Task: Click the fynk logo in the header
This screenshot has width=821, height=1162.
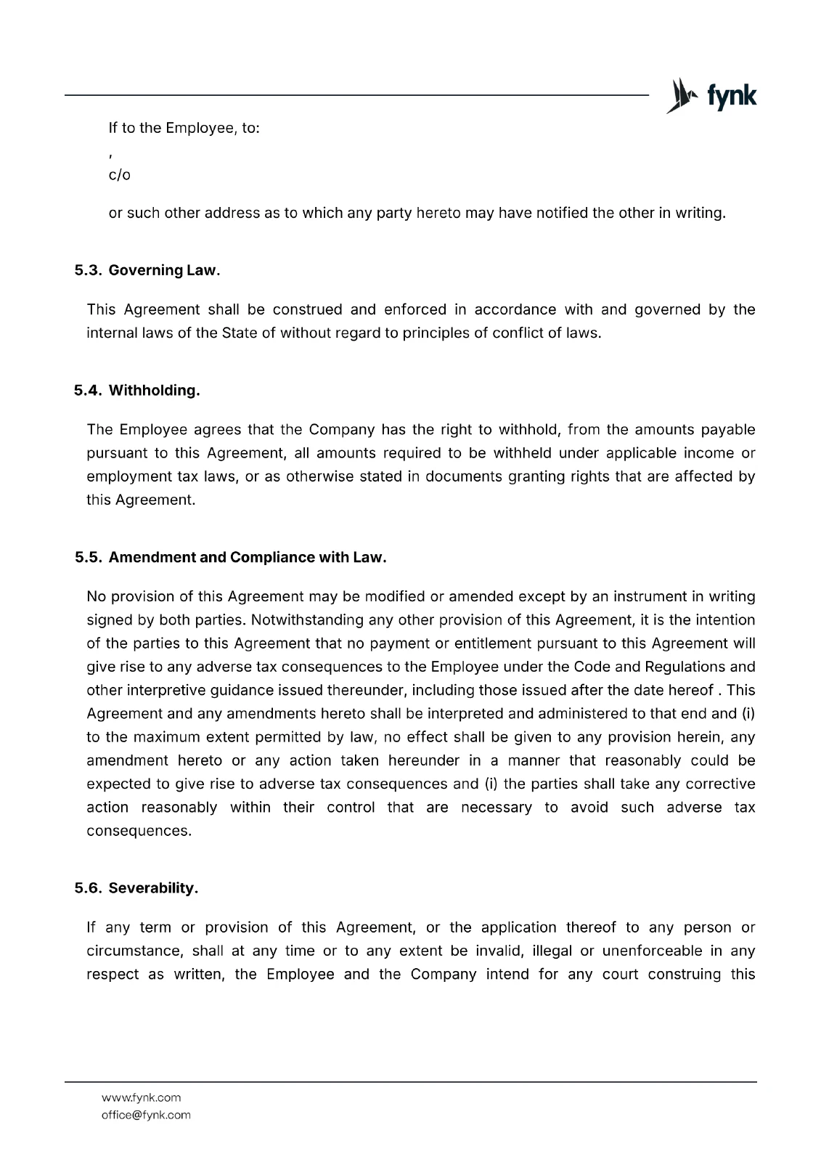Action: click(x=711, y=96)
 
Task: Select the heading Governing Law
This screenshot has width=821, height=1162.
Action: click(x=164, y=270)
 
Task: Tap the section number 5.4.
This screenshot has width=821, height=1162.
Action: click(x=88, y=391)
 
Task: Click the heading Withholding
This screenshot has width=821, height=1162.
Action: click(x=154, y=391)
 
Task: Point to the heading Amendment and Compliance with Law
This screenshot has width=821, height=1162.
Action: click(x=247, y=558)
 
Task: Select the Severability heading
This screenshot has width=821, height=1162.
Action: click(x=153, y=888)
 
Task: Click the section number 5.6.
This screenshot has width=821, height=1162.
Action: click(x=88, y=888)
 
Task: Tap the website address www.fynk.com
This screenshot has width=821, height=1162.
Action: click(x=141, y=1097)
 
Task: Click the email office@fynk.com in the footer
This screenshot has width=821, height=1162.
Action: click(x=146, y=1115)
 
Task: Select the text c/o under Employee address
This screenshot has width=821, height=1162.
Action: click(x=119, y=175)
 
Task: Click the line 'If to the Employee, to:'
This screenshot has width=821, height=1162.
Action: click(x=184, y=129)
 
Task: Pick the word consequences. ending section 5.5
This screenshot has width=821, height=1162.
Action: click(x=139, y=831)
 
